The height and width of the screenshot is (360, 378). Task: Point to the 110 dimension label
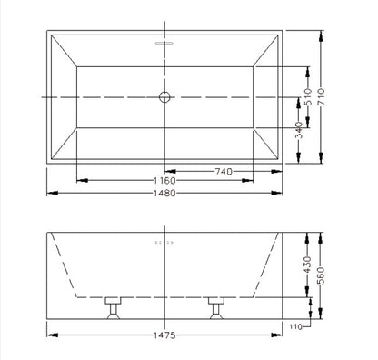(x=295, y=325)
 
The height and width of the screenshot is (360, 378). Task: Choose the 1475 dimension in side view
(x=164, y=336)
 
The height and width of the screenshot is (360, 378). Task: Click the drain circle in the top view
(x=164, y=95)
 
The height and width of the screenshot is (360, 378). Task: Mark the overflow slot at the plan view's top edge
(x=164, y=42)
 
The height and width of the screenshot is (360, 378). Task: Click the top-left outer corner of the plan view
(x=47, y=33)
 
